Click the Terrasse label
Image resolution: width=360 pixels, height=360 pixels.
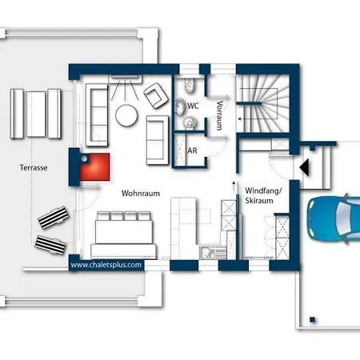click(34, 168)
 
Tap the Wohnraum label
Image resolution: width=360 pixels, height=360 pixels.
click(141, 194)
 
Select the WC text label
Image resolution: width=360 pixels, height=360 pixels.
click(193, 106)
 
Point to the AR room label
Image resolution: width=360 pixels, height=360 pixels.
click(192, 150)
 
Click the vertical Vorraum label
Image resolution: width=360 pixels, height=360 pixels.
click(219, 115)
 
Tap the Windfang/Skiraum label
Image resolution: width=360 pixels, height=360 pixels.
click(263, 195)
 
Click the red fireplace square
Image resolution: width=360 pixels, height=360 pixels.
click(95, 167)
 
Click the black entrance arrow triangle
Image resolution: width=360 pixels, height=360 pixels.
click(305, 167)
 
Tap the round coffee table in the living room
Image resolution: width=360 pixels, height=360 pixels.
click(126, 115)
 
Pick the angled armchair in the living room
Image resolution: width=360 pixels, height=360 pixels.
click(156, 95)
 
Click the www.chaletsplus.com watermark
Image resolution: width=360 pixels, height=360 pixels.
click(106, 265)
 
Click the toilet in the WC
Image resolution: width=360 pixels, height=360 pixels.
click(190, 86)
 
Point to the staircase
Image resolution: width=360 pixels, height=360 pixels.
click(262, 103)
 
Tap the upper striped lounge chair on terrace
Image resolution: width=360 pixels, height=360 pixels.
click(54, 218)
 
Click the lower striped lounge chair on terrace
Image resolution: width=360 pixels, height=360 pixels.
click(50, 245)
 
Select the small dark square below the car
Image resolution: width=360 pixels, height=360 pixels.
click(313, 319)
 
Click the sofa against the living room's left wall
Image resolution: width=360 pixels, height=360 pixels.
click(97, 115)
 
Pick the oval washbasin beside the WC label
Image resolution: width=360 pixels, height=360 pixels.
click(180, 106)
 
